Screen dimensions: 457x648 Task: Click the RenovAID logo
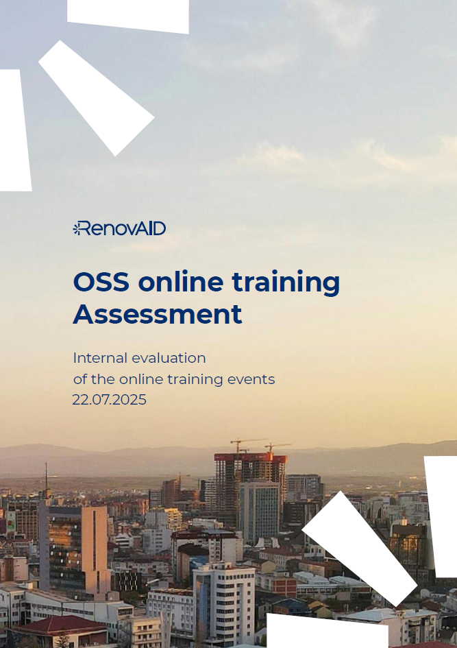[x=119, y=228]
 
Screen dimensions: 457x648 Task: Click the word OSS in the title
[x=101, y=282]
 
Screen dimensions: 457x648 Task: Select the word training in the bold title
[x=286, y=283]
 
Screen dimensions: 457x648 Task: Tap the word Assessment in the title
[x=158, y=314]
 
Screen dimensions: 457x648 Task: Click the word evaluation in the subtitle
[x=170, y=358]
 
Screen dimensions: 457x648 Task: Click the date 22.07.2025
[x=110, y=400]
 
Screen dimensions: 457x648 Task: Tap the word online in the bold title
[x=181, y=282]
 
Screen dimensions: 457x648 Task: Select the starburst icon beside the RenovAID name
[x=77, y=228]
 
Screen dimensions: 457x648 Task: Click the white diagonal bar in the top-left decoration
[x=97, y=98]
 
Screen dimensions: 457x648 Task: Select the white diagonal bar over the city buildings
[x=360, y=549]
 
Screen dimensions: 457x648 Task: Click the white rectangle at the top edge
[x=128, y=16]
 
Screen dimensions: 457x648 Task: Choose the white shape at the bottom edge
[x=328, y=632]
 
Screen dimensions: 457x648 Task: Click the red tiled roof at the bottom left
[x=62, y=625]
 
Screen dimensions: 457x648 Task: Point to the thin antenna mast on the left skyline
[x=46, y=479]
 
